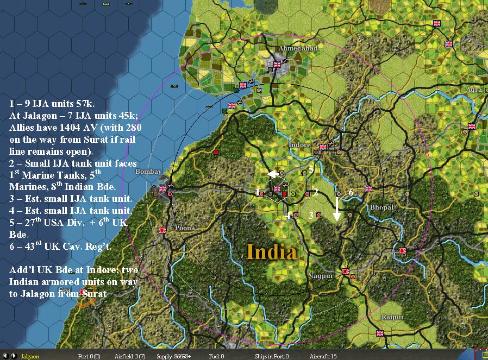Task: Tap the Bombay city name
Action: [148, 172]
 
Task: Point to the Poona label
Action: [185, 228]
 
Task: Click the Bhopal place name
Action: [381, 207]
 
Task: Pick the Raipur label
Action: [392, 317]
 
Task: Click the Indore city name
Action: [299, 145]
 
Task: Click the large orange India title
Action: [271, 251]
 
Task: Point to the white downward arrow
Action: [337, 209]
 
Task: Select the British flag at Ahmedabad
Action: [277, 64]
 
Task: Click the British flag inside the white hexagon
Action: [277, 189]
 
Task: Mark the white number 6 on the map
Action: [351, 192]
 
